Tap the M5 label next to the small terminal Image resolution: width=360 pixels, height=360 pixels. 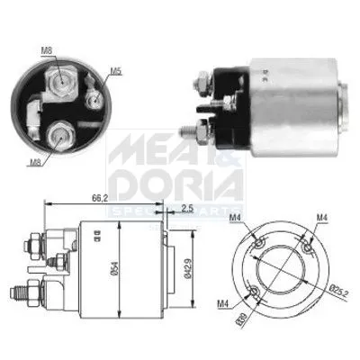coord(115,70)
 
